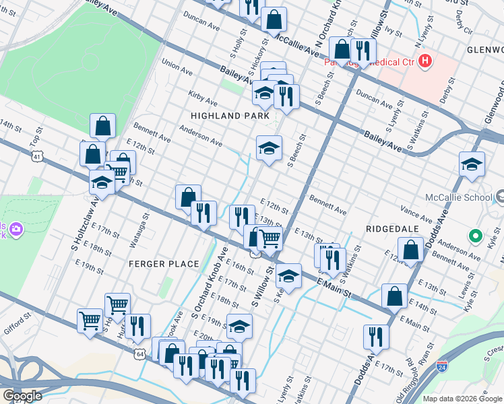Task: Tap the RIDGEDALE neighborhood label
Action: [x=388, y=229]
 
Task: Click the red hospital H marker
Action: [x=425, y=62]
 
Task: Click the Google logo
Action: [x=22, y=396]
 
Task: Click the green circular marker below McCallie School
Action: [x=475, y=236]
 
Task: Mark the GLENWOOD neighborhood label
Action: [x=484, y=50]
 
